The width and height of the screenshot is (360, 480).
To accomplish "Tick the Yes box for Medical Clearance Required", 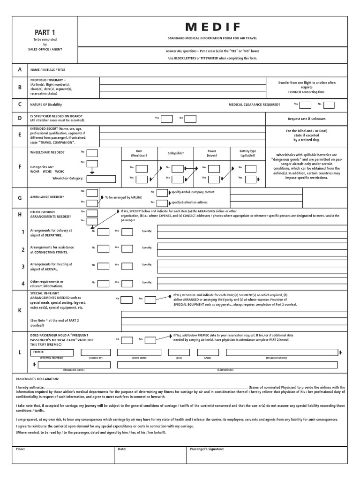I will point(306,105).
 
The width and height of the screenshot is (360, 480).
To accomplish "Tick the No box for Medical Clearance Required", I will point(329,105).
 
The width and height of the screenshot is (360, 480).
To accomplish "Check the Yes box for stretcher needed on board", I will point(166,119).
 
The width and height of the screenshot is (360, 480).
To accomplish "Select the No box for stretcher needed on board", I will point(190,119).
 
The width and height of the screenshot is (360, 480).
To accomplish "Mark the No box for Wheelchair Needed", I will point(92,153).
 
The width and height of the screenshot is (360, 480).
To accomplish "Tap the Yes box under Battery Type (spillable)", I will point(250,178).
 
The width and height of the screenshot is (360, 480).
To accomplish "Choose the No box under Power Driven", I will point(213,168).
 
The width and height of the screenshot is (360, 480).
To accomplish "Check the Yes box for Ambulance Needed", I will point(92,202).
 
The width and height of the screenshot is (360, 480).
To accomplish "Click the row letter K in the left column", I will point(20,310).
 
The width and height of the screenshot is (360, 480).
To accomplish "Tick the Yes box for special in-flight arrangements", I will point(150,299).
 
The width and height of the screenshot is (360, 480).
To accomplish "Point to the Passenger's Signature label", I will point(207,449).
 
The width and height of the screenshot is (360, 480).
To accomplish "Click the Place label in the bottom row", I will point(20,449).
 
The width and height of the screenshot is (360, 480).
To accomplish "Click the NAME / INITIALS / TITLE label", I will point(48,70).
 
